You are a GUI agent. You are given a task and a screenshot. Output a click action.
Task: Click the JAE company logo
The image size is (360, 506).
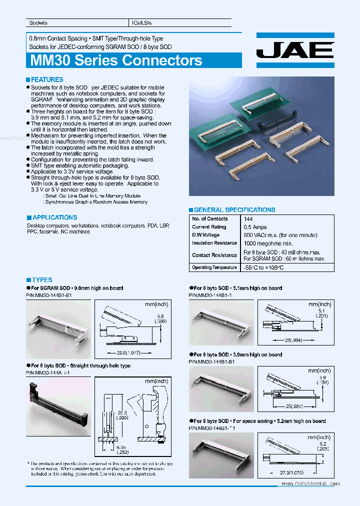(x=294, y=50)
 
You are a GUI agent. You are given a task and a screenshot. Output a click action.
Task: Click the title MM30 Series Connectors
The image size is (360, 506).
(x=116, y=60)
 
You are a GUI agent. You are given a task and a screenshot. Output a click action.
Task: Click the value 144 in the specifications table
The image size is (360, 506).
(x=248, y=219)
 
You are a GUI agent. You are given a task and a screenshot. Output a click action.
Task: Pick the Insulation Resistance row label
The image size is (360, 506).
(x=214, y=243)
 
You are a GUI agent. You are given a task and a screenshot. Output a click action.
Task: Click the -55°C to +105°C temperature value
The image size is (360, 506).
(x=263, y=268)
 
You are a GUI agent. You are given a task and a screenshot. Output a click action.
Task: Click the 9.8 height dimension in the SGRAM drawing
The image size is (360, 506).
(x=160, y=316)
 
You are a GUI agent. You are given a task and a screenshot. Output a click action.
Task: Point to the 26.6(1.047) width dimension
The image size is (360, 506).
(x=125, y=353)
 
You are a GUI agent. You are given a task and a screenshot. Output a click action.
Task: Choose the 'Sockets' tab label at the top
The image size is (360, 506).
(x=38, y=23)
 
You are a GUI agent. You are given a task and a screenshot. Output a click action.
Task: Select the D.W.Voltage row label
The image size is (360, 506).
(x=206, y=235)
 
